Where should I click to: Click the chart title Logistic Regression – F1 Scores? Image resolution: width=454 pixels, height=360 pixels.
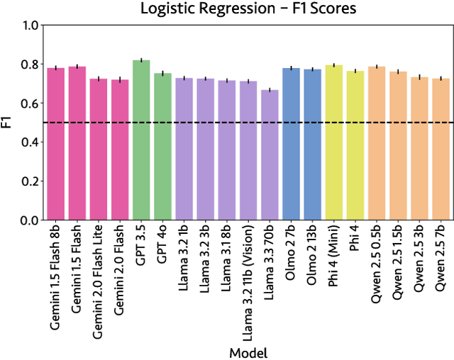(248, 9)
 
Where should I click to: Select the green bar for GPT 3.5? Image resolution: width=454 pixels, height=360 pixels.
(141, 142)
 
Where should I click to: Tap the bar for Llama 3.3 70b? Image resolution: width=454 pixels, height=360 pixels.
(270, 156)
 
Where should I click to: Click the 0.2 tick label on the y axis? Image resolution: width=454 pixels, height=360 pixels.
(29, 181)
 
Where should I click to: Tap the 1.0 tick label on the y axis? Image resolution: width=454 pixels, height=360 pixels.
(29, 26)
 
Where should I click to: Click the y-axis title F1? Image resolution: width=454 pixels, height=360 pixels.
(9, 123)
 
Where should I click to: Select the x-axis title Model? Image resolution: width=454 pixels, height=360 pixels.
(248, 351)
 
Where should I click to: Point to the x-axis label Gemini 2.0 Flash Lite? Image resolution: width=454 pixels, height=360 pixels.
(99, 279)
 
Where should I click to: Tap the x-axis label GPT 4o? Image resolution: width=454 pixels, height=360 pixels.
(162, 249)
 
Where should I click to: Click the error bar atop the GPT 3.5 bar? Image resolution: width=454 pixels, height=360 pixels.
(141, 60)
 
